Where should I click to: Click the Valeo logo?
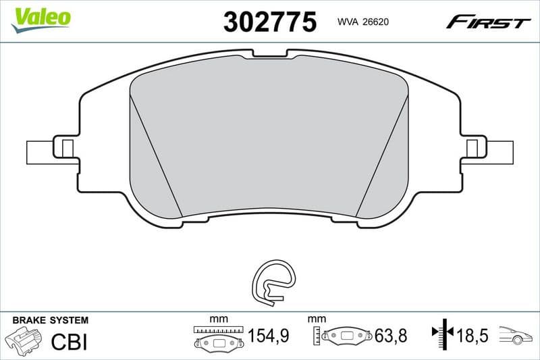(x=41, y=17)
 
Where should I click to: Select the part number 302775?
(x=269, y=22)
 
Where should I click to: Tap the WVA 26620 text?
(x=362, y=22)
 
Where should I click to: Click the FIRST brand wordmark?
(x=488, y=23)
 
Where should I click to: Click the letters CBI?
(x=70, y=342)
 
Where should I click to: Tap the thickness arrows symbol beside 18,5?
(x=441, y=333)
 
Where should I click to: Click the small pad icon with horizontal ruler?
(x=217, y=338)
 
